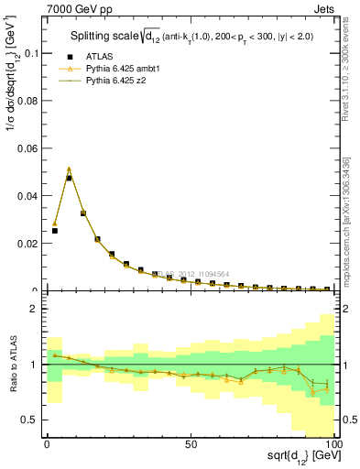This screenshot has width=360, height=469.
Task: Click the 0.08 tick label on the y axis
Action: coord(25,101)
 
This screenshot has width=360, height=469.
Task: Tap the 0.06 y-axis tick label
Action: coord(25,148)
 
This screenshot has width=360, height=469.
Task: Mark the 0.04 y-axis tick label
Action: coord(25,196)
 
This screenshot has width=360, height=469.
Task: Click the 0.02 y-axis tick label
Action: coord(25,244)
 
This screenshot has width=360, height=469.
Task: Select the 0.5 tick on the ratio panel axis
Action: coord(28,420)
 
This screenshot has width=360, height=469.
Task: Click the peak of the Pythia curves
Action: coord(69,169)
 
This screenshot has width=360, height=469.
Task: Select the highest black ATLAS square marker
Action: coord(69,178)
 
